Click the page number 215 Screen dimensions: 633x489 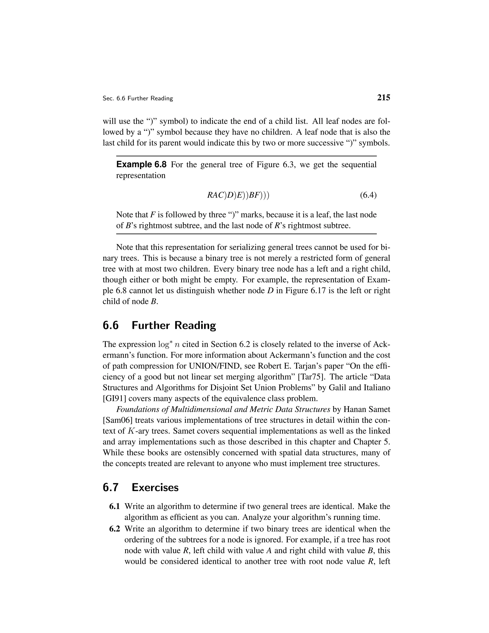tap(383, 98)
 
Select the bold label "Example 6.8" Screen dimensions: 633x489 tap(141, 165)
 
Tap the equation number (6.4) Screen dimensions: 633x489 tap(368, 195)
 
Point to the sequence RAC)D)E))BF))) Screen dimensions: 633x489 tap(238, 195)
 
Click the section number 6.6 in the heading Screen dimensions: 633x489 tap(111, 326)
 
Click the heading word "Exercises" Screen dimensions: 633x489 tap(155, 488)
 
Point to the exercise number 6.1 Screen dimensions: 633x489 tap(114, 506)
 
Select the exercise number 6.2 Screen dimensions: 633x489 tap(114, 529)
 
